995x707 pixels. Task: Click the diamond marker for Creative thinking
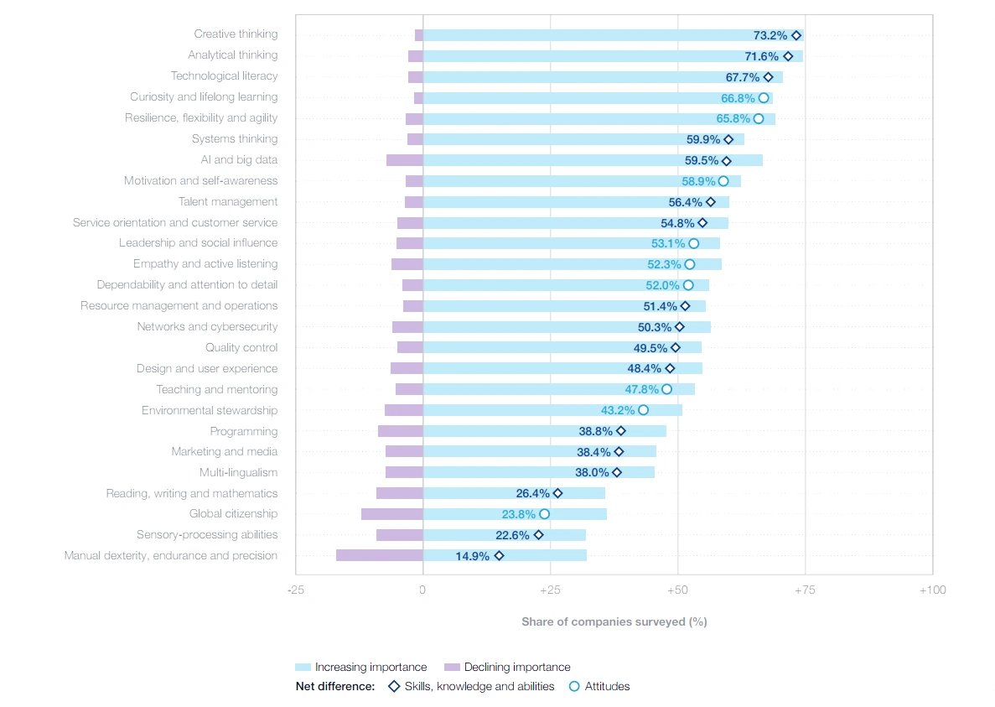pyautogui.click(x=796, y=35)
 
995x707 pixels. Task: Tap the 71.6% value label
pyautogui.click(x=762, y=56)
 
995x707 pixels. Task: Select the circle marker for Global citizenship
pyautogui.click(x=544, y=514)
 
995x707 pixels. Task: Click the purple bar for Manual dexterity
pyautogui.click(x=379, y=555)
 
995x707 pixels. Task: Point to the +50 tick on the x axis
pyautogui.click(x=677, y=590)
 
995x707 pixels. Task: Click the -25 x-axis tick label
pyautogui.click(x=295, y=590)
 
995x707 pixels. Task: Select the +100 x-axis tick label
pyautogui.click(x=932, y=590)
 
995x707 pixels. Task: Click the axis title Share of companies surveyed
pyautogui.click(x=614, y=621)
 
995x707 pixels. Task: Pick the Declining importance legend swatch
pyautogui.click(x=453, y=668)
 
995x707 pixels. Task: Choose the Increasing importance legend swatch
pyautogui.click(x=303, y=668)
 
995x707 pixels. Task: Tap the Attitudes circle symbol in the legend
pyautogui.click(x=574, y=686)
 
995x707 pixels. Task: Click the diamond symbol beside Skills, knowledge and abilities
pyautogui.click(x=393, y=686)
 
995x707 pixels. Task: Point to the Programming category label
pyautogui.click(x=243, y=431)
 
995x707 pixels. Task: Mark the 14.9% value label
pyautogui.click(x=473, y=556)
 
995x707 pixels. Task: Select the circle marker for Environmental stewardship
pyautogui.click(x=643, y=410)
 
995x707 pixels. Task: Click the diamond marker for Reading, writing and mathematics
pyautogui.click(x=557, y=493)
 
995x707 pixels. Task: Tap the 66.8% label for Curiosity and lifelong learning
pyautogui.click(x=738, y=98)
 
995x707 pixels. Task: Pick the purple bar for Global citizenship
pyautogui.click(x=391, y=514)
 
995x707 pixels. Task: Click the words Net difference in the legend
pyautogui.click(x=335, y=686)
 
